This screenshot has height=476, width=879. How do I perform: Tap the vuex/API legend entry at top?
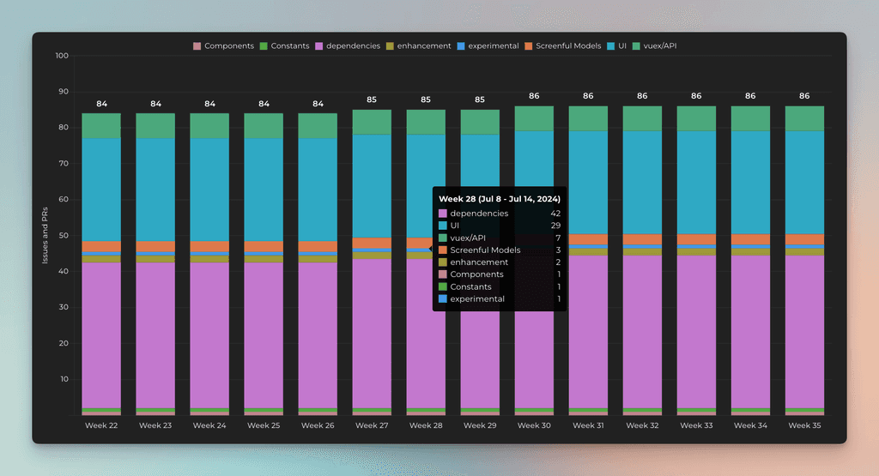[x=666, y=46]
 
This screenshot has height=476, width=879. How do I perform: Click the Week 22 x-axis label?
[x=101, y=425]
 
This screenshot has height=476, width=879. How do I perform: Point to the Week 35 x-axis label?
[x=804, y=425]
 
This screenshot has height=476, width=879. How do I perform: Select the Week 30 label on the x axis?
[x=534, y=425]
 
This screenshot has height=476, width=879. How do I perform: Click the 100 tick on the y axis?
[x=61, y=57]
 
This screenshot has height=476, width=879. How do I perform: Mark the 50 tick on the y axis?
[x=62, y=236]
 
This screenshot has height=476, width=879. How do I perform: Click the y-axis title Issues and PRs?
[x=45, y=235]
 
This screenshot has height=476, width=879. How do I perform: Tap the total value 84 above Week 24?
[x=209, y=104]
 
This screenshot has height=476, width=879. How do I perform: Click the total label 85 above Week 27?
[x=372, y=99]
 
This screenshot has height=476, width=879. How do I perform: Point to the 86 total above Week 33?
[x=696, y=96]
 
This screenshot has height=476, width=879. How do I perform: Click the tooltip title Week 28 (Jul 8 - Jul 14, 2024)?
[x=499, y=198]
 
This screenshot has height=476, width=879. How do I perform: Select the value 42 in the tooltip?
[x=555, y=214]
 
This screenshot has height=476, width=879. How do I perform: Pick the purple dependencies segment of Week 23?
[x=155, y=334]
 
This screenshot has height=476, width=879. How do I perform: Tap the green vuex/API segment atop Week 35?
[x=804, y=118]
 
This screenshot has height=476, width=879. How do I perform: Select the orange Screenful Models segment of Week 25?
[x=264, y=246]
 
